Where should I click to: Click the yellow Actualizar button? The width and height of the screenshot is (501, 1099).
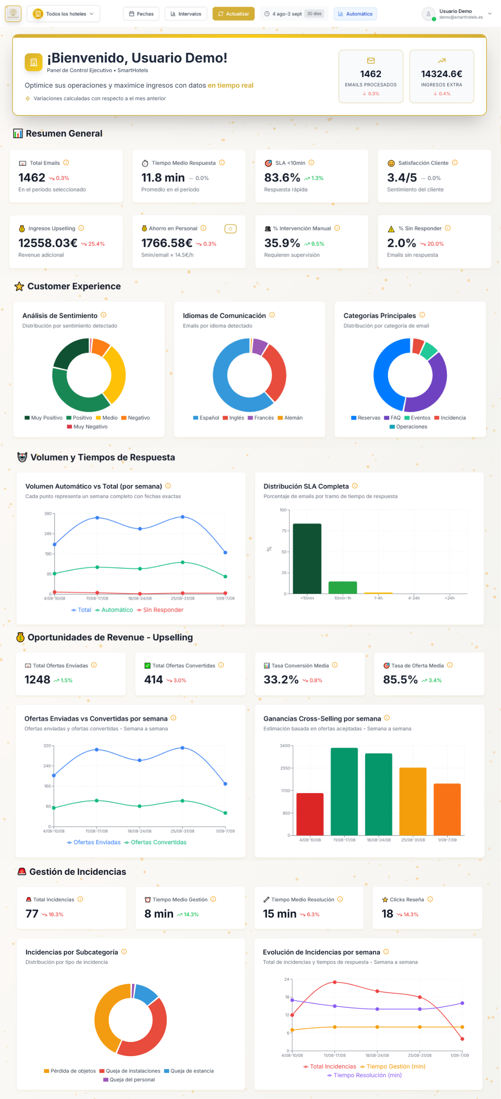pyautogui.click(x=233, y=14)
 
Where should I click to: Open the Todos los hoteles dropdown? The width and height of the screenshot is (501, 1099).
pyautogui.click(x=63, y=14)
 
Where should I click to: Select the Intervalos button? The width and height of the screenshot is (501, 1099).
pyautogui.click(x=186, y=14)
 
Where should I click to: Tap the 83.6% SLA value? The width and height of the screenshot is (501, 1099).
pyautogui.click(x=282, y=177)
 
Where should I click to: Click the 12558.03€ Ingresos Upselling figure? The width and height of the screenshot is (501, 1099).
pyautogui.click(x=48, y=243)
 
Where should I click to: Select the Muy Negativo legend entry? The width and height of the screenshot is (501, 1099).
pyautogui.click(x=87, y=427)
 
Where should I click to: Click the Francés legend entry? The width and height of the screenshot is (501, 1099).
pyautogui.click(x=261, y=418)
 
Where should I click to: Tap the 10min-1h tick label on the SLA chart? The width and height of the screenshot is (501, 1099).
pyautogui.click(x=342, y=598)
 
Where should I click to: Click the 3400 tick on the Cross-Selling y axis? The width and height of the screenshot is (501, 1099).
pyautogui.click(x=284, y=746)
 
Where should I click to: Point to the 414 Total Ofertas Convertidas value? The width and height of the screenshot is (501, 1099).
pyautogui.click(x=154, y=680)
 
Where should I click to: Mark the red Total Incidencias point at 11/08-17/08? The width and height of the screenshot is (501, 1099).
pyautogui.click(x=335, y=982)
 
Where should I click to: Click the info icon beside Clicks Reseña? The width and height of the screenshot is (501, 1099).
pyautogui.click(x=430, y=899)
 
